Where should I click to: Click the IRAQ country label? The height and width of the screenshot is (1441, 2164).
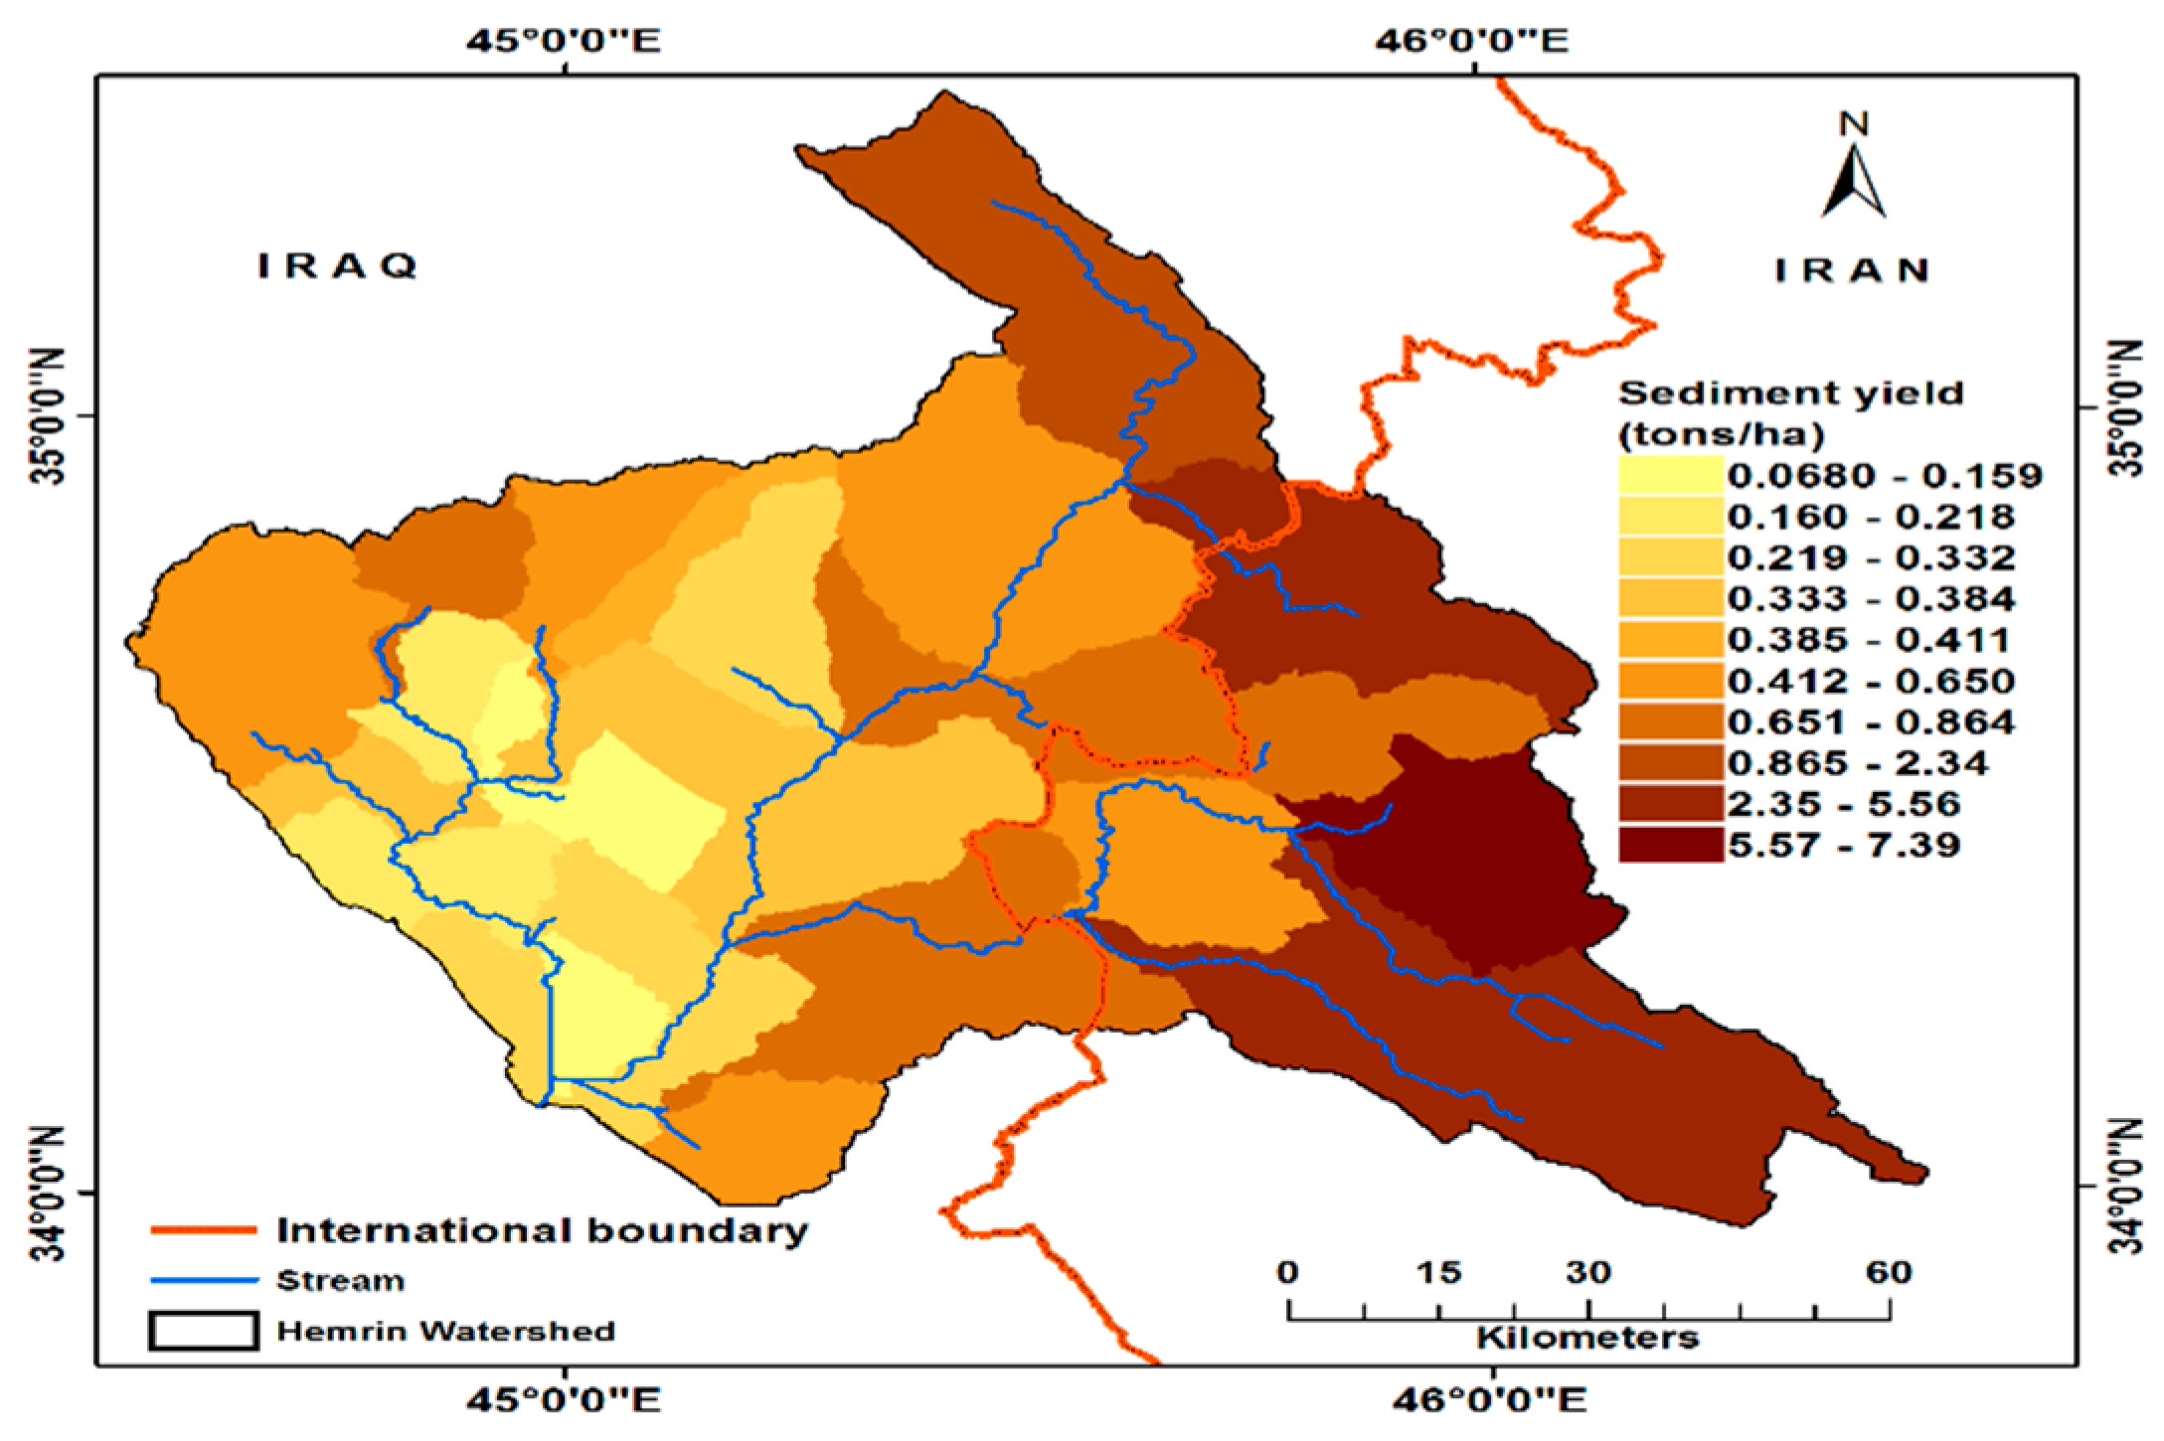(x=337, y=265)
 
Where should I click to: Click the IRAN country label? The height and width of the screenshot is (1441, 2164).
(x=1852, y=270)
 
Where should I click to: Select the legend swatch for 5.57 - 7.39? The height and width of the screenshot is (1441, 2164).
(x=1670, y=845)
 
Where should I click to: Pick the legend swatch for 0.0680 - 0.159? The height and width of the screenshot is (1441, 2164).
(x=1670, y=474)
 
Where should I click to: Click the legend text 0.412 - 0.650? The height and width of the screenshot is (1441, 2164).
(x=1870, y=681)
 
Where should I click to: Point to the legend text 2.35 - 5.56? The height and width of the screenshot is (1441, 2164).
(x=1844, y=803)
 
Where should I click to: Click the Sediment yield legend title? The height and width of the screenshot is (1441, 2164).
(x=1790, y=412)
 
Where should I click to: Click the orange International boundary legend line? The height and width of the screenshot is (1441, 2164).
(x=204, y=1230)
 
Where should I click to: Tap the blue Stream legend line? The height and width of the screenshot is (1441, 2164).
(x=204, y=1281)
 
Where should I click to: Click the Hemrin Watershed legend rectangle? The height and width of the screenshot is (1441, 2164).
(x=204, y=1331)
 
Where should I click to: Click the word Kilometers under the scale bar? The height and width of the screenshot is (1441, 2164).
(x=1587, y=1338)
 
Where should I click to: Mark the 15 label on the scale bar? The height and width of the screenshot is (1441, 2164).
(x=1438, y=1272)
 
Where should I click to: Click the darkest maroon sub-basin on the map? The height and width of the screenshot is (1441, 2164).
(x=1471, y=855)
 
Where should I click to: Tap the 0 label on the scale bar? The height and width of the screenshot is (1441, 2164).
(x=1288, y=1272)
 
